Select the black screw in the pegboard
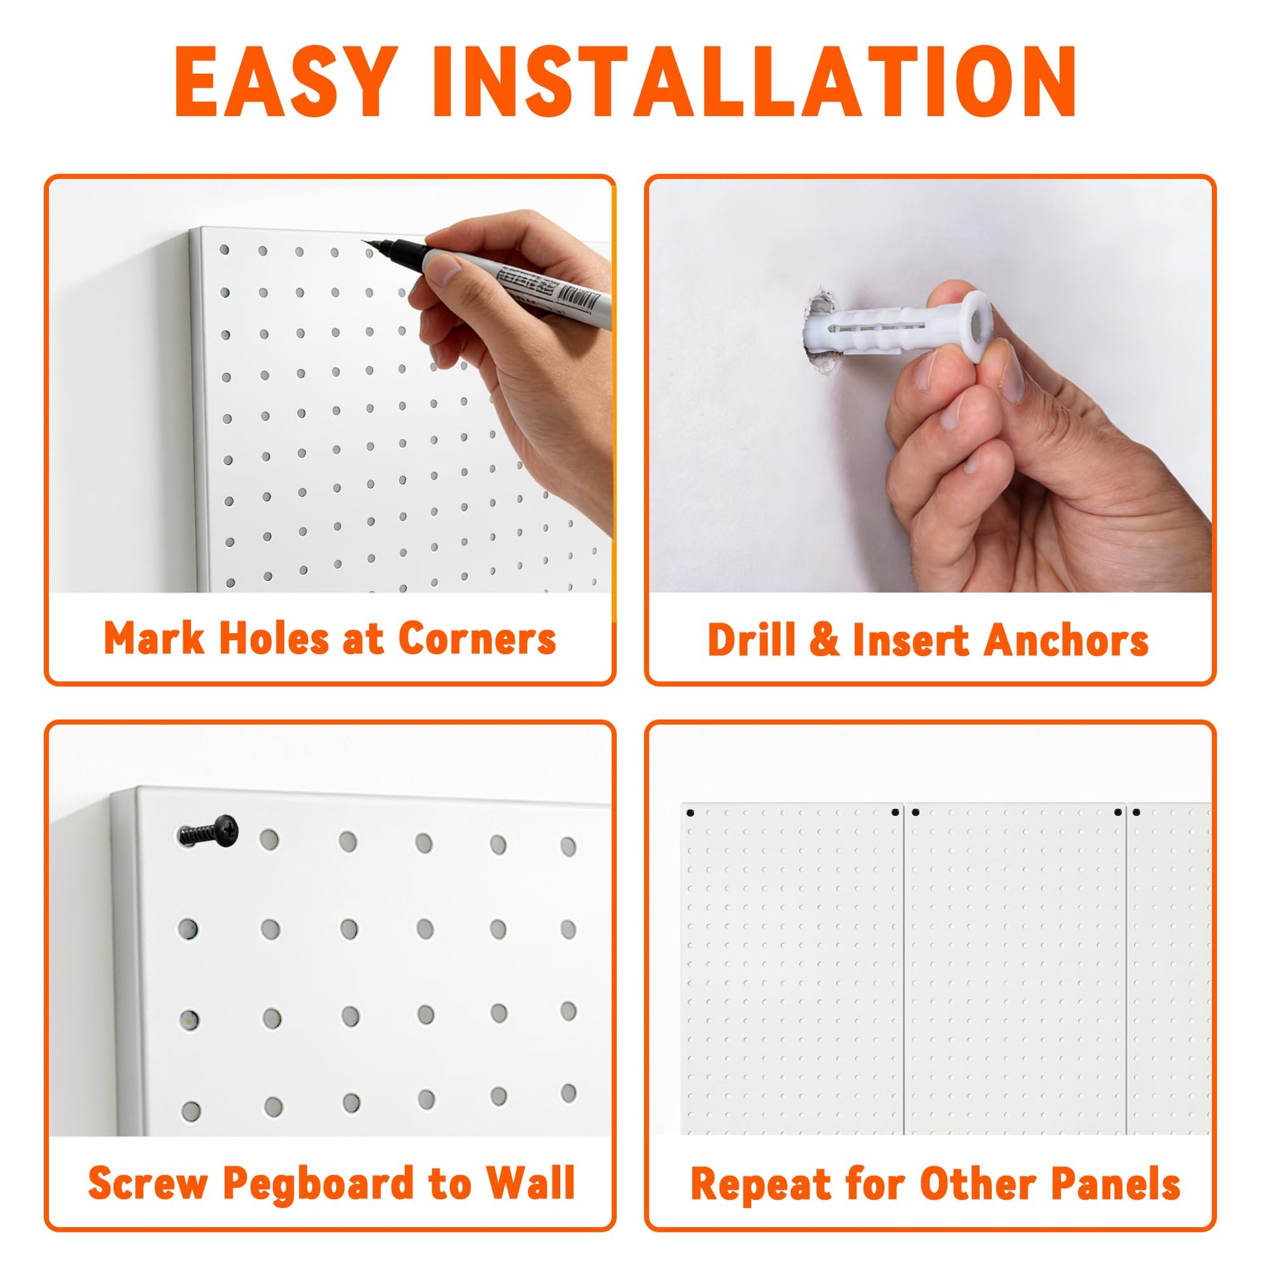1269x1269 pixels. click(x=207, y=831)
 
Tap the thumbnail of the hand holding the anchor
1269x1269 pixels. click(x=930, y=385)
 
